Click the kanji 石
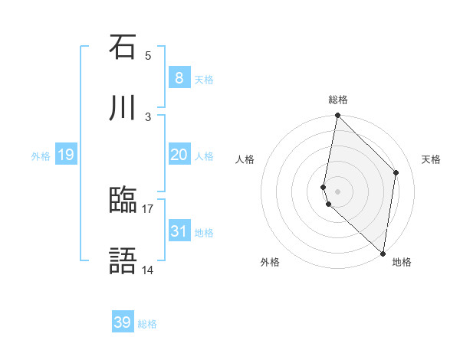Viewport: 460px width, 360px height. coord(123,47)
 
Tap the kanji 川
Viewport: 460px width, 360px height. coord(123,109)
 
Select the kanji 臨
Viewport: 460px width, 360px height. coord(123,201)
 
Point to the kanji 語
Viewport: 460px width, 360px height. coord(123,262)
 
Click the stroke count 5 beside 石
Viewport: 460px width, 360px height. coord(148,55)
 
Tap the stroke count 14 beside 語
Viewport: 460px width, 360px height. coord(148,270)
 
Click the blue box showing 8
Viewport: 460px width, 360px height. coord(179,77)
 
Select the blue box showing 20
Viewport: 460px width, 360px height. coord(179,155)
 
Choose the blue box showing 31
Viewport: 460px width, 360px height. coord(179,231)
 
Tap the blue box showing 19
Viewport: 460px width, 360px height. coord(66,155)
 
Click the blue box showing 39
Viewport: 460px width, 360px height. coord(123,322)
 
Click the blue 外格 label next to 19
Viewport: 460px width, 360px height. coord(41,156)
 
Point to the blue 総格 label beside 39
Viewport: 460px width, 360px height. coord(147,324)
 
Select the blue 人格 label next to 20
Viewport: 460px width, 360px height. coord(204,156)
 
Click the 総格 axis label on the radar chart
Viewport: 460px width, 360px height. coord(338,100)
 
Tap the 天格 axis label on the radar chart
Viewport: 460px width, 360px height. coord(432,159)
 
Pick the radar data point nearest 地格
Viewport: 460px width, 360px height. coord(383,253)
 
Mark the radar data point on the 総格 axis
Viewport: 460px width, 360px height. coord(337,116)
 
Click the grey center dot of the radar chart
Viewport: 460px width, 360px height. coord(337,191)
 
